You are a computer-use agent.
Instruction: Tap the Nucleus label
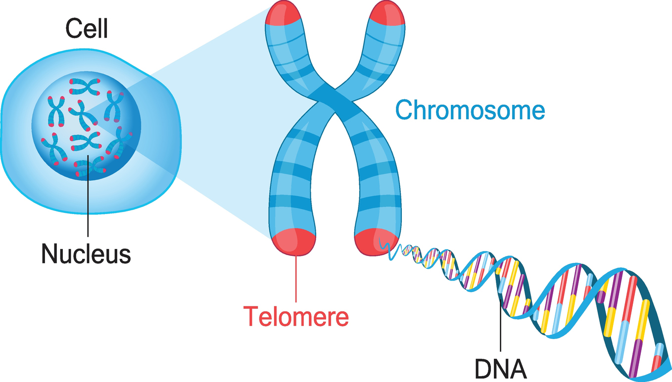pyautogui.click(x=86, y=254)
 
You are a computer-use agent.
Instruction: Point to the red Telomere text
pyautogui.click(x=296, y=315)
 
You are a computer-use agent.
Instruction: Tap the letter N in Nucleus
pyautogui.click(x=48, y=254)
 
